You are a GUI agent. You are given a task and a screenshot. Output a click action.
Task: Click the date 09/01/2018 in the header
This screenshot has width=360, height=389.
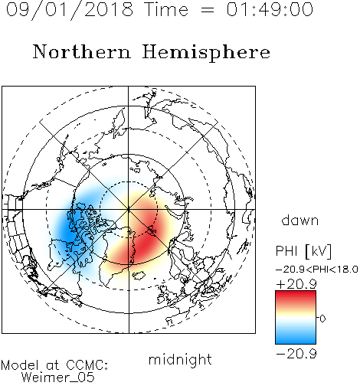pyautogui.click(x=70, y=10)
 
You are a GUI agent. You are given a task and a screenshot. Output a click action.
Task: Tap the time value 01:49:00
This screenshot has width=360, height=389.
pyautogui.click(x=270, y=9)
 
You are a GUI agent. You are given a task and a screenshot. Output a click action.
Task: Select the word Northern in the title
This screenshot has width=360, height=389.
pyautogui.click(x=82, y=51)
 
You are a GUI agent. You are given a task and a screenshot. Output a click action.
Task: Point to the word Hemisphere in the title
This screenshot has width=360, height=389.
pyautogui.click(x=206, y=53)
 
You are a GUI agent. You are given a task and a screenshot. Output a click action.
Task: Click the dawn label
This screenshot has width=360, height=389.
pyautogui.click(x=300, y=220)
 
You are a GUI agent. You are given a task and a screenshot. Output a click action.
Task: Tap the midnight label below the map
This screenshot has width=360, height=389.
pyautogui.click(x=180, y=359)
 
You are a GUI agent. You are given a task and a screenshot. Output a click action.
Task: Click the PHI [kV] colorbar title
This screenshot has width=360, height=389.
pyautogui.click(x=303, y=251)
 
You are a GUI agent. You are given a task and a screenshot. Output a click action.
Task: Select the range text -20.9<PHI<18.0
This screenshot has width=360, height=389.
pyautogui.click(x=317, y=269)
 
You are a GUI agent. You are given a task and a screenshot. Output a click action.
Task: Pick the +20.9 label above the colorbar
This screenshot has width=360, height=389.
pyautogui.click(x=296, y=284)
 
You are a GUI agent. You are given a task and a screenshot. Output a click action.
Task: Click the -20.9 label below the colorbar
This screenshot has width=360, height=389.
pyautogui.click(x=296, y=354)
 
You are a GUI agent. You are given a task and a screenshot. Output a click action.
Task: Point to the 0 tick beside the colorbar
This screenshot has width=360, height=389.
pyautogui.click(x=322, y=319)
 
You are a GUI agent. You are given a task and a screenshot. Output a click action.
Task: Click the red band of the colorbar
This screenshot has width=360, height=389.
pyautogui.click(x=296, y=297)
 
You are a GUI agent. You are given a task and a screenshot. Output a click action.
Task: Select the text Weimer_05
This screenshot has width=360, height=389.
pyautogui.click(x=58, y=378)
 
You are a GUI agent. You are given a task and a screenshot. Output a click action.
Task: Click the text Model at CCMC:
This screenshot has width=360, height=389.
pyautogui.click(x=54, y=365)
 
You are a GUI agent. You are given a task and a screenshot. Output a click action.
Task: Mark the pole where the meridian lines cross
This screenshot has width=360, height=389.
pyautogui.click(x=129, y=209)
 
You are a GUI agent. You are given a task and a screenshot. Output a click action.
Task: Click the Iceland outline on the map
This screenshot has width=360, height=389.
pyautogui.click(x=139, y=275)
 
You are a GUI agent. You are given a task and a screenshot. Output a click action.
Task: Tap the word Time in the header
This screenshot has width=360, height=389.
pyautogui.click(x=166, y=9)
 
